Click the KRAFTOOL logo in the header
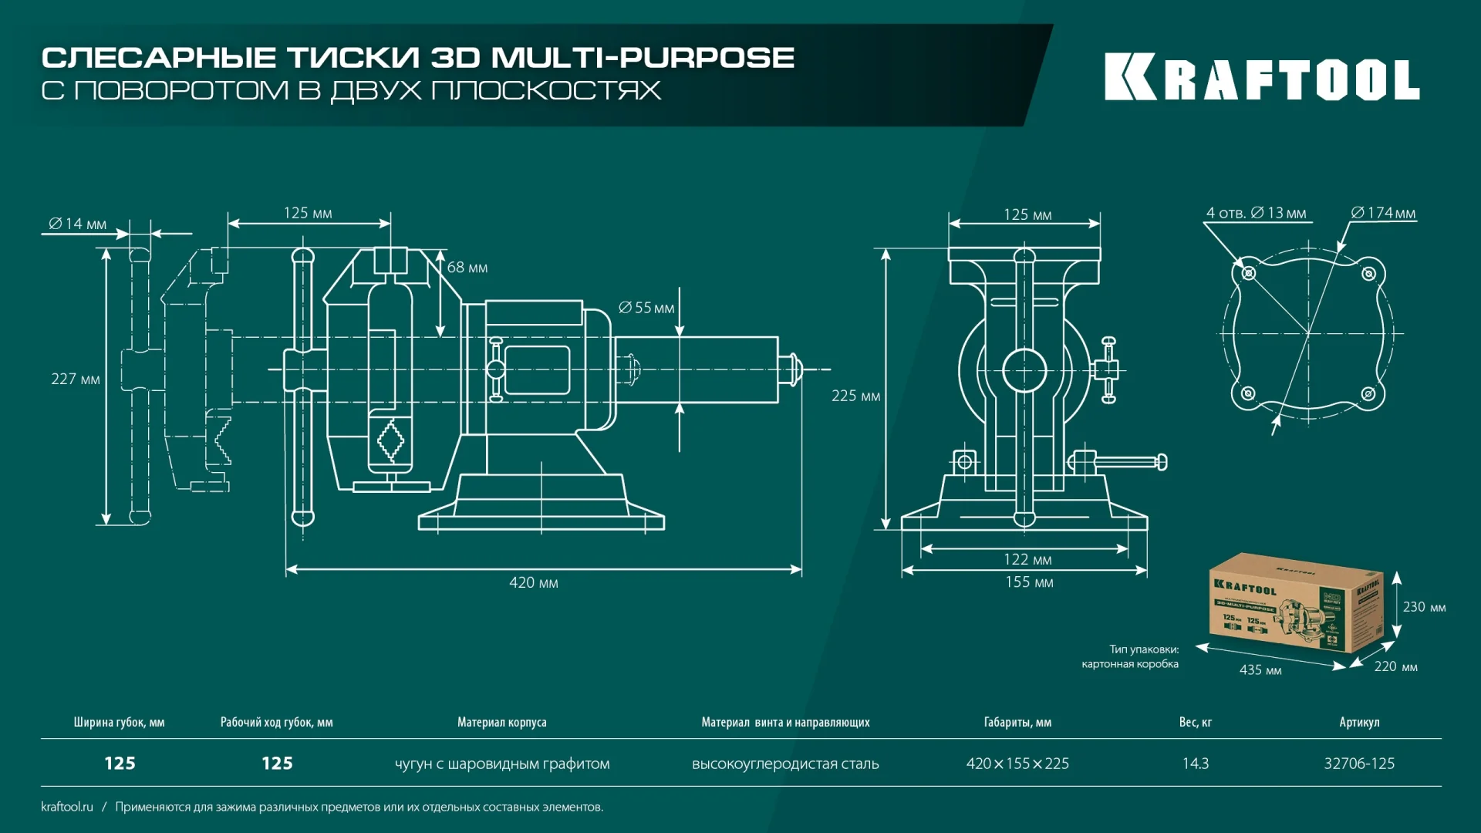pos(1261,77)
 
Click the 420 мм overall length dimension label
pos(533,583)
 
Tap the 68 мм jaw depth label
pos(467,268)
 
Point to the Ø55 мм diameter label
pos(646,308)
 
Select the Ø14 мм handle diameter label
pos(78,224)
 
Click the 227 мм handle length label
pos(76,379)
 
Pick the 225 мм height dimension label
pos(855,396)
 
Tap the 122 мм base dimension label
pos(1027,560)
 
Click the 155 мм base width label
pos(1029,582)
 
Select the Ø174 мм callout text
pos(1384,213)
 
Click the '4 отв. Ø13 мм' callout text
pos(1256,213)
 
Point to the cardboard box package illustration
pos(1296,604)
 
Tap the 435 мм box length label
pos(1260,670)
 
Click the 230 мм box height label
pos(1424,607)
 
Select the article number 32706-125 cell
pos(1359,764)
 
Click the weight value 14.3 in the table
pos(1196,764)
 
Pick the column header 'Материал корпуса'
pos(501,723)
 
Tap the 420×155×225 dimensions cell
pos(1017,764)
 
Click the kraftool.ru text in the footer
pos(67,807)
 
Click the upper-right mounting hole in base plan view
pos(1368,274)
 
